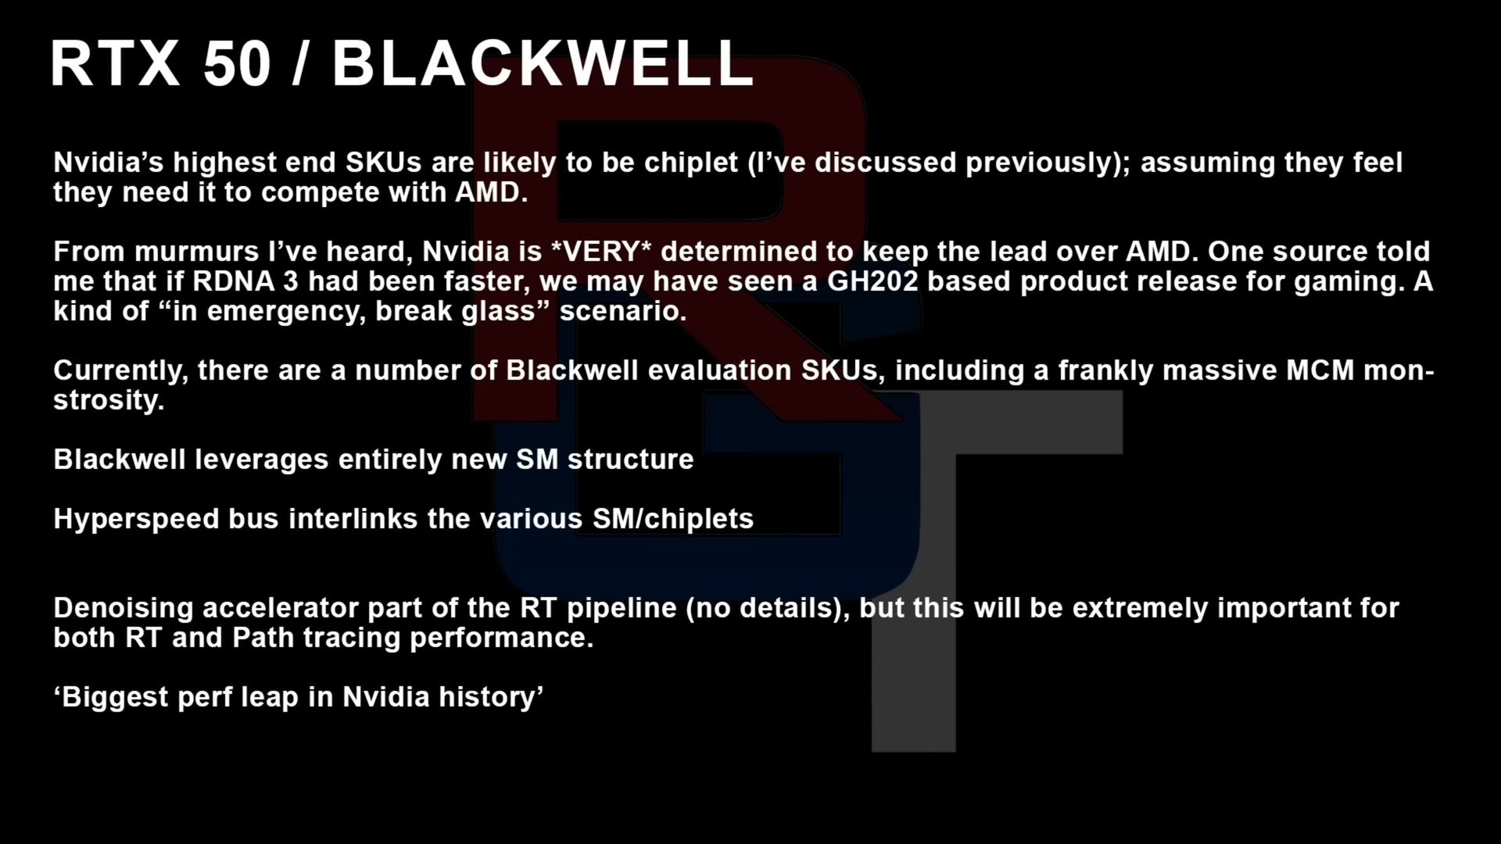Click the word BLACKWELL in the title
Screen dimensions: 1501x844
(x=543, y=63)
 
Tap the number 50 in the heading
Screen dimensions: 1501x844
(x=237, y=63)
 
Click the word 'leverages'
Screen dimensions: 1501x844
(x=262, y=460)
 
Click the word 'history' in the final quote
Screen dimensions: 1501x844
(x=486, y=698)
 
